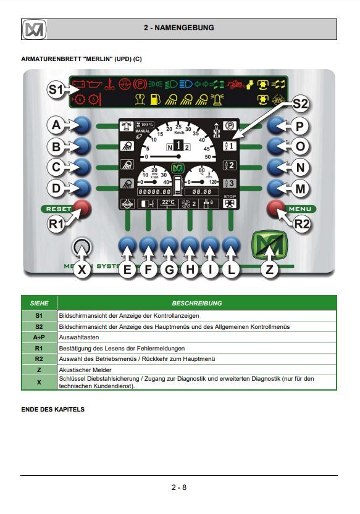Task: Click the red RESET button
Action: click(x=82, y=209)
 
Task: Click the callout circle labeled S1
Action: click(x=56, y=90)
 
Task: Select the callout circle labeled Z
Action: click(x=268, y=269)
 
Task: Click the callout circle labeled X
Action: click(x=82, y=269)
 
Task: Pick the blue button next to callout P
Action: click(x=277, y=126)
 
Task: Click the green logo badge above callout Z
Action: click(x=268, y=245)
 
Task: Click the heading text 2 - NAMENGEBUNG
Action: click(x=178, y=28)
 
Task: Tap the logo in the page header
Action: click(x=35, y=29)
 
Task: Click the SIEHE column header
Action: click(x=40, y=303)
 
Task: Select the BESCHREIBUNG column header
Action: click(x=197, y=303)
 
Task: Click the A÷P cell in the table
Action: click(x=40, y=337)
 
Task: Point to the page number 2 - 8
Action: click(x=179, y=487)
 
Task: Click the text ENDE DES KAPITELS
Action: click(x=52, y=409)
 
